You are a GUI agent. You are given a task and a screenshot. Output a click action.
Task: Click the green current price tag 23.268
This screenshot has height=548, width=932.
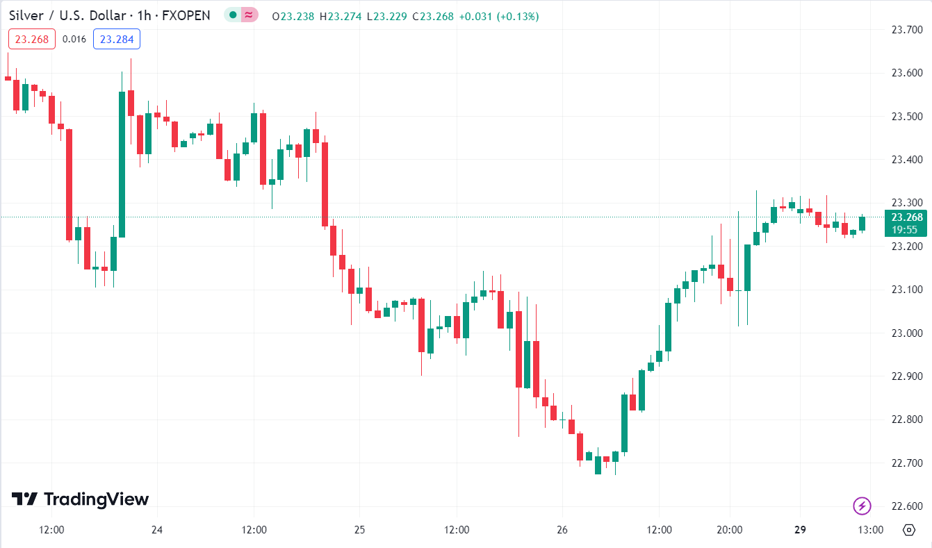[908, 217]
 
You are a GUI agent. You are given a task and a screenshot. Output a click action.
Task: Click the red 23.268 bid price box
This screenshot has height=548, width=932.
[32, 39]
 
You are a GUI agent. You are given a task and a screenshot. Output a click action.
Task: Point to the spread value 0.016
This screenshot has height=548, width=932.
[74, 39]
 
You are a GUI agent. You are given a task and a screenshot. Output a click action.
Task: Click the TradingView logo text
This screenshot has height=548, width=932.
[96, 499]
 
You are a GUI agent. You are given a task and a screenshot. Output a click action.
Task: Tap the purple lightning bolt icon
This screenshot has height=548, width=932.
[862, 506]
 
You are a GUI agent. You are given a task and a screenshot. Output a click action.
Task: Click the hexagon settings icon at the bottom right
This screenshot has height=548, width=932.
[908, 530]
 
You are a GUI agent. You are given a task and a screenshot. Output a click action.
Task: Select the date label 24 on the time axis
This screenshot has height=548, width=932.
[157, 530]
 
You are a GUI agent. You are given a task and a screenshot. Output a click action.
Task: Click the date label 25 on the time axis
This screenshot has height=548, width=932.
[359, 530]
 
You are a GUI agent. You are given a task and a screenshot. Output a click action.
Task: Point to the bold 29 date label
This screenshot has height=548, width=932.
[800, 530]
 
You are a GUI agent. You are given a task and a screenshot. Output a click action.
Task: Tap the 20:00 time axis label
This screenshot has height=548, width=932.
[730, 530]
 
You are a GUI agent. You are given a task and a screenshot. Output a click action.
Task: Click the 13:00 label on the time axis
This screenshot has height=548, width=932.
[870, 530]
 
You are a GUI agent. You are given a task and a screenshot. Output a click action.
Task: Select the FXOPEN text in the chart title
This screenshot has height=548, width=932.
[186, 15]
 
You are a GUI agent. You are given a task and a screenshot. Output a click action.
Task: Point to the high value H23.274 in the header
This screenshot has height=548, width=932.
[341, 16]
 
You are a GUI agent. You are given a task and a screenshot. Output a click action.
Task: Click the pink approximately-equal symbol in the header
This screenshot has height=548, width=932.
[249, 15]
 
